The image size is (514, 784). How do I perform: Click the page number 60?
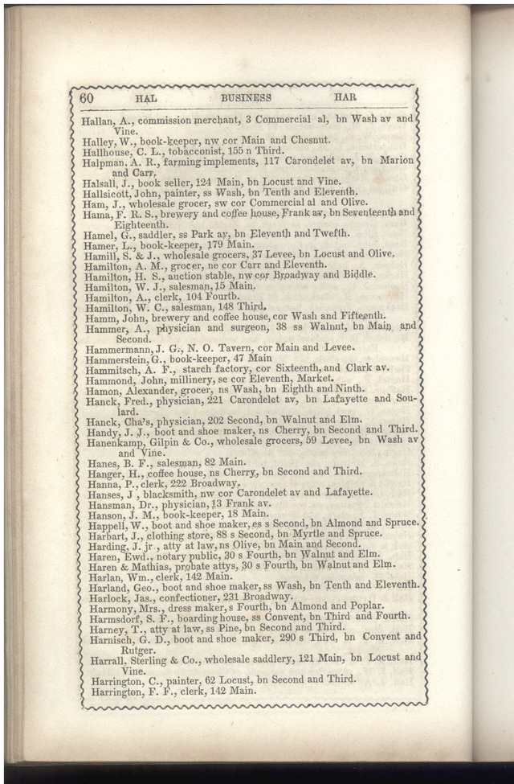(x=87, y=97)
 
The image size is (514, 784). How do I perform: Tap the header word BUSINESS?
(x=246, y=98)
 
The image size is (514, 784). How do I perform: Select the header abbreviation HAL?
(x=145, y=98)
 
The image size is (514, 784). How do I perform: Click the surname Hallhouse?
(x=105, y=150)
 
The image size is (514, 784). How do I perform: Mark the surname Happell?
(x=105, y=523)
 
